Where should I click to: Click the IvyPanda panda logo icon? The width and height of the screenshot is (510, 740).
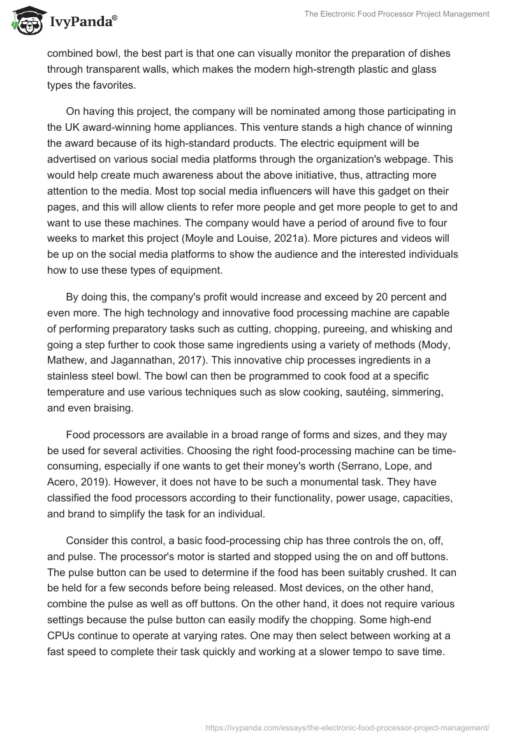(x=25, y=21)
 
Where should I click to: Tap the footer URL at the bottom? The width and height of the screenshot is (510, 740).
(x=348, y=727)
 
